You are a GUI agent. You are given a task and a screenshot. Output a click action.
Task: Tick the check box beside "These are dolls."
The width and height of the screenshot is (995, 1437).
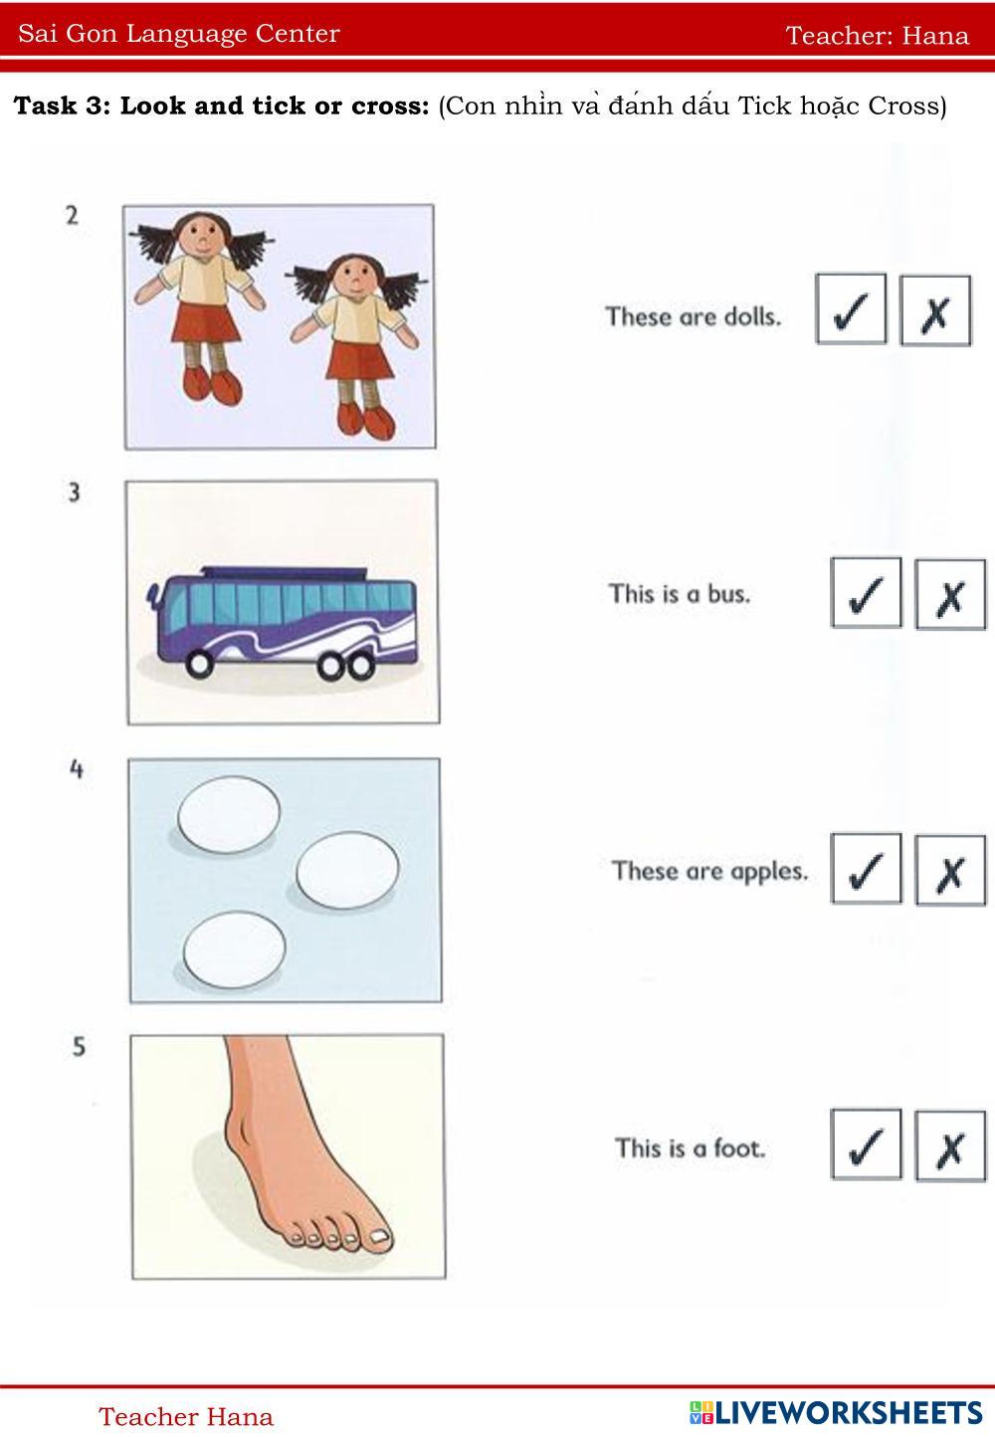pos(851,308)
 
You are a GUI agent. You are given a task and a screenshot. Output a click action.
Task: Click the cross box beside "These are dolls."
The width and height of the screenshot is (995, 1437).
pos(935,311)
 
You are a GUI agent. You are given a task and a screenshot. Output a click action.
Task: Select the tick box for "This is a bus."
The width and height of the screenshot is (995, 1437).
pos(866,592)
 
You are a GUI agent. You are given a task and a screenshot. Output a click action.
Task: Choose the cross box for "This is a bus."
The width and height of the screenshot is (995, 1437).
pos(950,594)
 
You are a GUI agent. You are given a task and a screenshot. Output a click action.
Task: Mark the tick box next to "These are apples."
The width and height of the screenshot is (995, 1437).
pos(866,869)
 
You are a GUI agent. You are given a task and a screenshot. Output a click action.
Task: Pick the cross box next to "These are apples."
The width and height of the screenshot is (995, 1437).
pos(950,871)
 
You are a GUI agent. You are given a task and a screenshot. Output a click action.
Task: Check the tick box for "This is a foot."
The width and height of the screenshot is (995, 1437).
pos(866,1143)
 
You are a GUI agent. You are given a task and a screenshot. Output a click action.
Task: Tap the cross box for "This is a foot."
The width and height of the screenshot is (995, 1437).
pos(950,1145)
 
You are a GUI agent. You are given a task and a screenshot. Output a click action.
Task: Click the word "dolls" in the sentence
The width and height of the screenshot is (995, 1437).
pos(752,316)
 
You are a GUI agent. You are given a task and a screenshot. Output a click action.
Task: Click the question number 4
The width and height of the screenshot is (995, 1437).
pos(77,768)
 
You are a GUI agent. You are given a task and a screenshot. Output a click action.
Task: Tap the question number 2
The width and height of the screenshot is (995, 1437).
pos(72,215)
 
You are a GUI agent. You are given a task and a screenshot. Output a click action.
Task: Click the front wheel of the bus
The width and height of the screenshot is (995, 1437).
pos(199,664)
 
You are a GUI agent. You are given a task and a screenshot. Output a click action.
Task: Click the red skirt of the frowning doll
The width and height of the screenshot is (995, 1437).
pos(359,360)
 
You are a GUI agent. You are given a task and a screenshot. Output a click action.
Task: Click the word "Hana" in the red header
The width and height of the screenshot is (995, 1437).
pos(935,36)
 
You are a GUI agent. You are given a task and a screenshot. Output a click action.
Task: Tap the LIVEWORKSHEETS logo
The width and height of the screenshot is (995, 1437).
pos(836,1413)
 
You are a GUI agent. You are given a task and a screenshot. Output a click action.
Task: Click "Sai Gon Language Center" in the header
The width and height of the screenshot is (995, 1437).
pos(179,34)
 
